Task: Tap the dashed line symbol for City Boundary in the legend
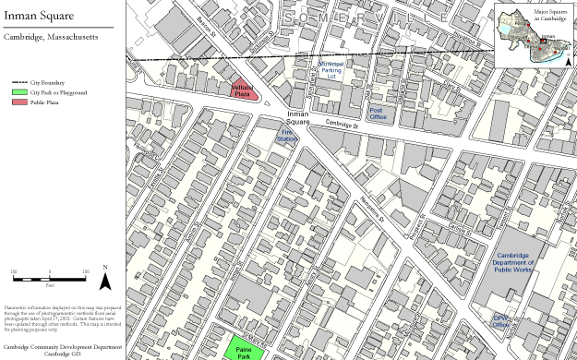18,83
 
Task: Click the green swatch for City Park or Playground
18,93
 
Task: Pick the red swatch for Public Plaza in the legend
18,102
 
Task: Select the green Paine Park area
243,350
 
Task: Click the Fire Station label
286,136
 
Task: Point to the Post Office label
377,114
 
